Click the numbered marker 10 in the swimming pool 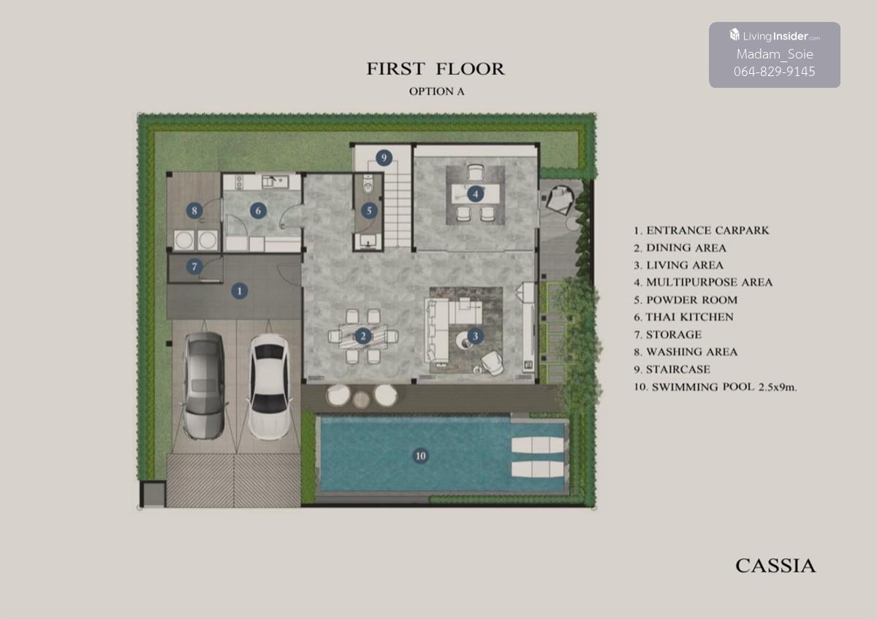point(420,456)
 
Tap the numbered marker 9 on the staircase point(384,157)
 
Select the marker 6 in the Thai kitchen point(258,211)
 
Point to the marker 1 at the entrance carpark point(240,291)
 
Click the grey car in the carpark point(205,386)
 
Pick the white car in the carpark point(270,387)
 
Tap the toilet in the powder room point(368,184)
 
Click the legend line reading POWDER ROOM point(686,300)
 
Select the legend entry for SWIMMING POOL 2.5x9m point(715,387)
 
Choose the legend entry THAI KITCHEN point(683,317)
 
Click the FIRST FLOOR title point(436,69)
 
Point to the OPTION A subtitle point(436,91)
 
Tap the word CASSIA point(775,566)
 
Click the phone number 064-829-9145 point(775,72)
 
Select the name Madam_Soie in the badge point(775,54)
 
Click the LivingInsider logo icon point(734,34)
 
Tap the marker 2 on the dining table point(363,336)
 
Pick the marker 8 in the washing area point(194,211)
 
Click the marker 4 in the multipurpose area point(475,194)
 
